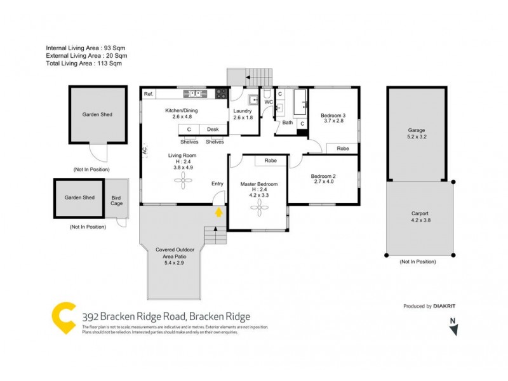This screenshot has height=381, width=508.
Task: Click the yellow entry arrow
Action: coord(219,213)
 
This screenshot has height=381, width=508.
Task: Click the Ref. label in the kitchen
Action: coord(149,94)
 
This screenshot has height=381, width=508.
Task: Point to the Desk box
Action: coord(212,130)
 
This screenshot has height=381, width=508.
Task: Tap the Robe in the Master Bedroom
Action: coord(271,161)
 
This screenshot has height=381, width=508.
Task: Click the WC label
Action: coord(268,102)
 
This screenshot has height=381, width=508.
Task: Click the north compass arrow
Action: coord(452,329)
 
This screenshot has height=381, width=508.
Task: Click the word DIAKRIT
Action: coord(444,306)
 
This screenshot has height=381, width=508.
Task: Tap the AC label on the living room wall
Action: coord(144,151)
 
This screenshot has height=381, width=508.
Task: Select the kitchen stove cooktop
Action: coord(221,94)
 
